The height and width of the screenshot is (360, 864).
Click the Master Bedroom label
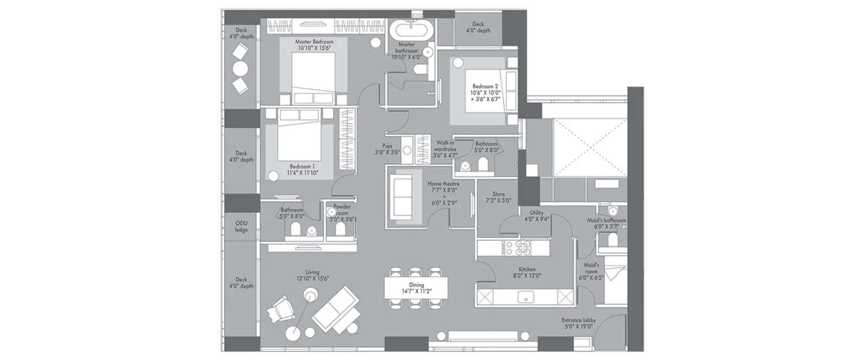click(x=313, y=42)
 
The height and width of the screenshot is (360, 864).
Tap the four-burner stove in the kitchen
click(x=523, y=247)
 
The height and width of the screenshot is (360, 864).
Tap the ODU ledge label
click(x=241, y=226)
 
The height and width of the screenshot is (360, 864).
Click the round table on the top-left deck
click(x=240, y=69)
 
